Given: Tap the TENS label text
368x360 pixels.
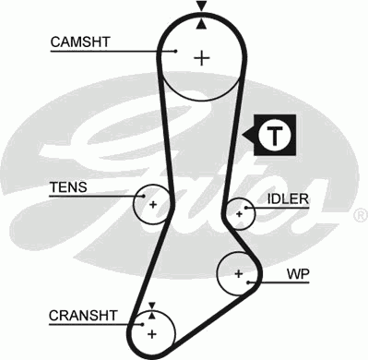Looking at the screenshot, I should pyautogui.click(x=67, y=187).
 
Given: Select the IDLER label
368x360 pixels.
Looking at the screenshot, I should pyautogui.click(x=288, y=199).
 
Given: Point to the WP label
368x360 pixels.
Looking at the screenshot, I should pyautogui.click(x=296, y=274).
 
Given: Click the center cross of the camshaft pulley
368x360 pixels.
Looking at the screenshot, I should pyautogui.click(x=200, y=57).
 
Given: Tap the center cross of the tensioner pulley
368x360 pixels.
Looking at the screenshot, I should pyautogui.click(x=153, y=204).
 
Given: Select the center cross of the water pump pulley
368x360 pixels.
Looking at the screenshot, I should pyautogui.click(x=238, y=273).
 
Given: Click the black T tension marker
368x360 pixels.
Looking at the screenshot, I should pyautogui.click(x=273, y=135).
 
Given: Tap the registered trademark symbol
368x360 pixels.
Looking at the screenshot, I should pyautogui.click(x=360, y=216).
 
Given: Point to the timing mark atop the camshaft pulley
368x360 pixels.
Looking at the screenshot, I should pyautogui.click(x=200, y=8).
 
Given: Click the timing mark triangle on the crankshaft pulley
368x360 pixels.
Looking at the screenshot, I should pyautogui.click(x=152, y=306).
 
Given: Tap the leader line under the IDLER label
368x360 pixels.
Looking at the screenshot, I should pyautogui.click(x=277, y=210).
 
